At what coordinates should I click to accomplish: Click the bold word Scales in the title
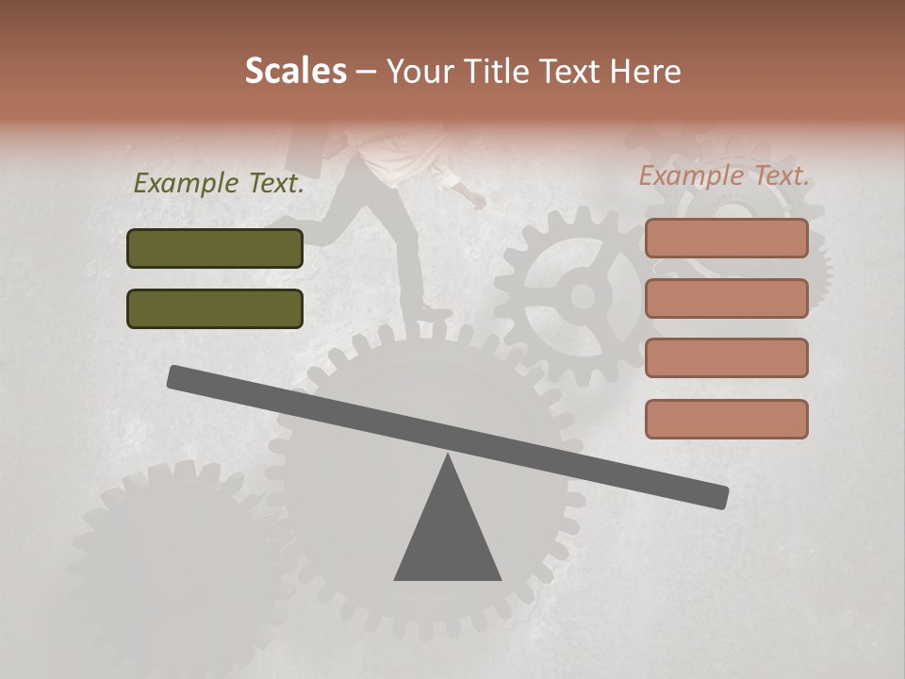(x=295, y=71)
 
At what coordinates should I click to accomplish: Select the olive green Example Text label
(x=219, y=183)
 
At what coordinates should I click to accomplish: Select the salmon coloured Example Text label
(x=724, y=175)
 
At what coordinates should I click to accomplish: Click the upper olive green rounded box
(x=215, y=248)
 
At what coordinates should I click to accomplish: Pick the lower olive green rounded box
(x=215, y=308)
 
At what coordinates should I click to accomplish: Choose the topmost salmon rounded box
(x=726, y=238)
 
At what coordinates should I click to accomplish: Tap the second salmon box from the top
(x=726, y=298)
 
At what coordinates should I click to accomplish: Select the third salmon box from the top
(x=726, y=358)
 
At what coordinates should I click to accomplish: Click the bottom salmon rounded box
(x=726, y=419)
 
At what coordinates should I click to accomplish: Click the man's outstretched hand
(x=478, y=201)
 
